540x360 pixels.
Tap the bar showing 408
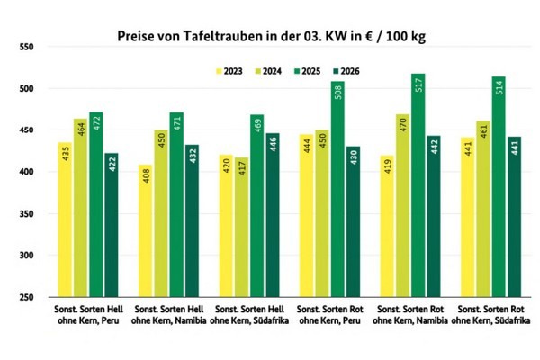click(145, 230)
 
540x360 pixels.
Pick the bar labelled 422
click(112, 225)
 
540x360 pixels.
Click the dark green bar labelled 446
click(273, 215)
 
